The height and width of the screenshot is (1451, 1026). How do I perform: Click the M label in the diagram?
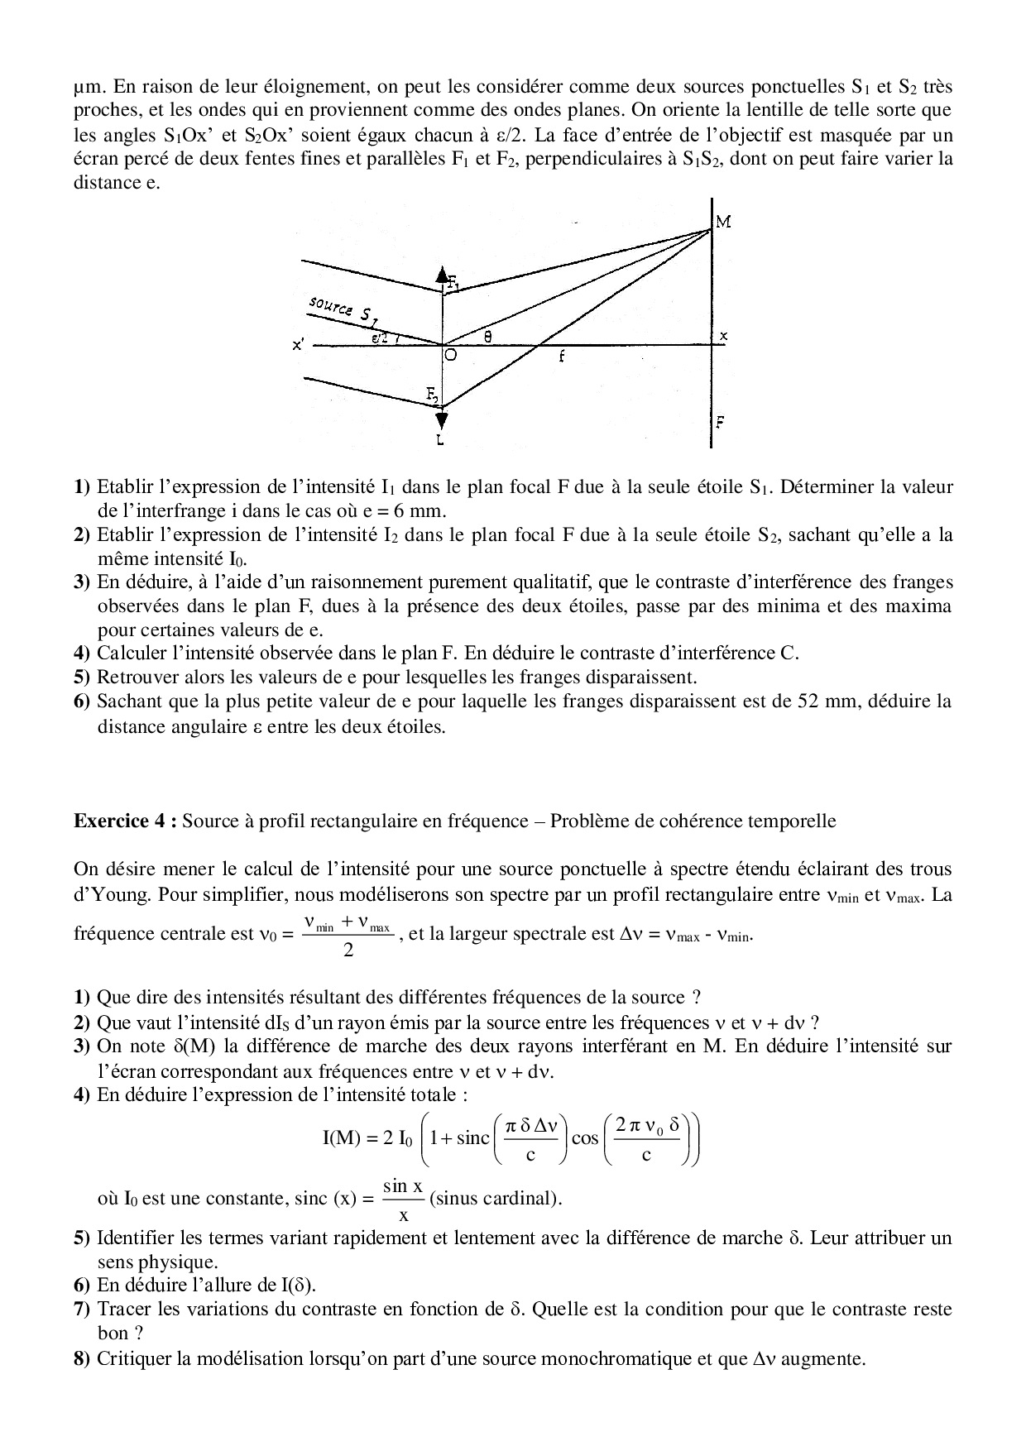coord(722,223)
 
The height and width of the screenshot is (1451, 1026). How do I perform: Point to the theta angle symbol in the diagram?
coord(487,336)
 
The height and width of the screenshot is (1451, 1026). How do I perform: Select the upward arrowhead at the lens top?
coord(443,275)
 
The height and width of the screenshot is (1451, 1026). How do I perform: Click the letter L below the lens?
coord(439,441)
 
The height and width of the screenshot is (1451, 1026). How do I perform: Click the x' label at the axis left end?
coord(298,346)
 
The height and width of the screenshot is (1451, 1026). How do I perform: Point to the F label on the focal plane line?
coord(721,421)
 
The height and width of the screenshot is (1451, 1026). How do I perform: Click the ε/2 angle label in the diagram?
coord(381,338)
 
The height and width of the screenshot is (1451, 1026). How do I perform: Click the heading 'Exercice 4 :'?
coord(124,821)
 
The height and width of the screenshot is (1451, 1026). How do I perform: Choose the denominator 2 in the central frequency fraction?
coord(348,951)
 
